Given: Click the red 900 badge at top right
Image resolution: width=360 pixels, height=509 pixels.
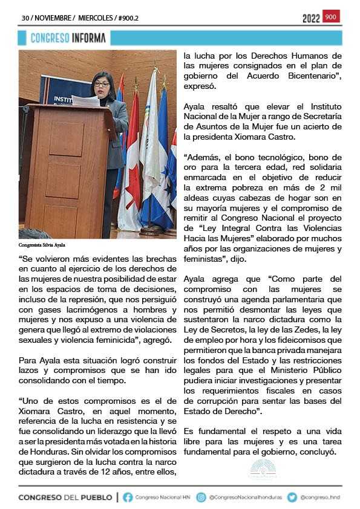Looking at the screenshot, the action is point(331,17).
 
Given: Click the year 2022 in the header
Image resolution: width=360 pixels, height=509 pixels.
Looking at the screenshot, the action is point(311,18).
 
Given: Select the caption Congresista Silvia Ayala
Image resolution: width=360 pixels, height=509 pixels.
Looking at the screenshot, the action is point(41,245).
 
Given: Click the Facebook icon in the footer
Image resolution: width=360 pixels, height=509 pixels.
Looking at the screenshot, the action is point(128,497).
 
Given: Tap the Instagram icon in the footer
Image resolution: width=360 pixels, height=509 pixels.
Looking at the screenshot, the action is point(201,497).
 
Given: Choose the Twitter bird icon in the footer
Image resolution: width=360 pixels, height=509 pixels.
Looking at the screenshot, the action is point(292,497).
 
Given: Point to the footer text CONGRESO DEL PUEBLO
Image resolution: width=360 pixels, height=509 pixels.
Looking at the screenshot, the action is point(65,498).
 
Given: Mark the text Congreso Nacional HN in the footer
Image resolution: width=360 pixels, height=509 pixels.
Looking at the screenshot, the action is point(161,498).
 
